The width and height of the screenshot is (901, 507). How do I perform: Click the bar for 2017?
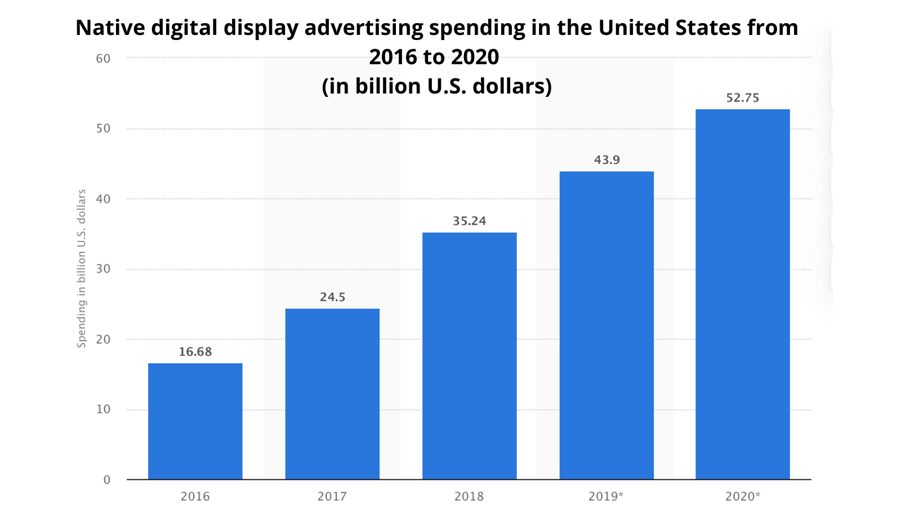click(x=332, y=394)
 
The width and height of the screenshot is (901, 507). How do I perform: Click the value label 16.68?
click(x=195, y=352)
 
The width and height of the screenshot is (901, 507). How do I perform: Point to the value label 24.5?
click(x=332, y=297)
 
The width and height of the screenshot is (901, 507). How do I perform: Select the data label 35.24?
click(x=469, y=221)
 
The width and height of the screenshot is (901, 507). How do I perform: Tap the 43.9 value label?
click(x=606, y=160)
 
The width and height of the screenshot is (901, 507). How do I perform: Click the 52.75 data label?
click(x=742, y=98)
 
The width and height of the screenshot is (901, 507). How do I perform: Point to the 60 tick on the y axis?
click(x=103, y=59)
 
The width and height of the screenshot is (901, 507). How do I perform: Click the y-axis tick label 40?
click(x=103, y=199)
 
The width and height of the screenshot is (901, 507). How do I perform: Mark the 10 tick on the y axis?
click(x=103, y=410)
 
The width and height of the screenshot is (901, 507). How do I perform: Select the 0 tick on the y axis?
click(x=106, y=480)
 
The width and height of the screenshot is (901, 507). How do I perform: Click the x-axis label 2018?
click(x=469, y=496)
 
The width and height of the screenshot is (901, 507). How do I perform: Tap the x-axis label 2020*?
click(x=742, y=496)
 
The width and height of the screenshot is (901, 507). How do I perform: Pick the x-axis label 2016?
click(x=195, y=496)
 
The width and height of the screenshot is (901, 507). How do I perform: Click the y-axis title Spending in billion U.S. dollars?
click(x=82, y=268)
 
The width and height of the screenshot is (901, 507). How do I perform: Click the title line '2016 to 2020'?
click(x=434, y=57)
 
